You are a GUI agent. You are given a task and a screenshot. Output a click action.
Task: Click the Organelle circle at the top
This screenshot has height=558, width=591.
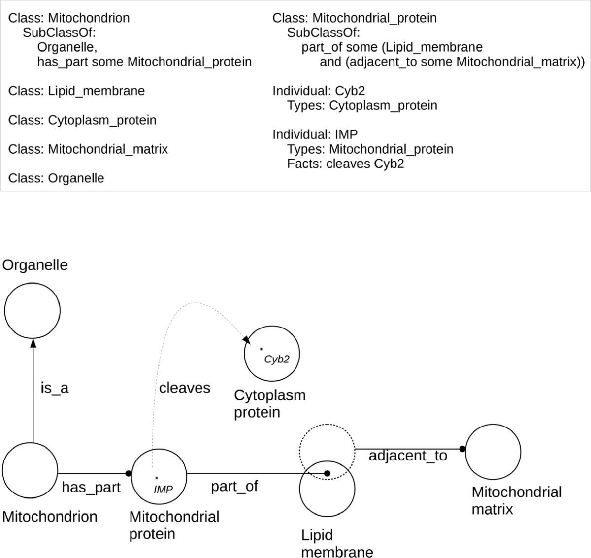point(33,310)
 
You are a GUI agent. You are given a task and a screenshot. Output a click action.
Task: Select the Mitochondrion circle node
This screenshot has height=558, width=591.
point(30,470)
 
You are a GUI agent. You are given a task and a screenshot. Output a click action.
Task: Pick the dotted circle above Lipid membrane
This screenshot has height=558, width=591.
point(327,450)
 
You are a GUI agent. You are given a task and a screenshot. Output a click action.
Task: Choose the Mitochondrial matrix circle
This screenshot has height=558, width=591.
point(492,452)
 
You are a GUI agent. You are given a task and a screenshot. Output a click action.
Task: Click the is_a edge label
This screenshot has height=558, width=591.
point(54,388)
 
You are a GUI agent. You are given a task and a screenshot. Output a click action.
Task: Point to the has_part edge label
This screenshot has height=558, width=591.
point(91,487)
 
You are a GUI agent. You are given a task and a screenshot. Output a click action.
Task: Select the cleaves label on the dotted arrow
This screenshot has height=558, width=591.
point(184,388)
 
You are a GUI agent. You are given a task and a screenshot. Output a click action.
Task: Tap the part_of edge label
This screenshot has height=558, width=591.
point(234,486)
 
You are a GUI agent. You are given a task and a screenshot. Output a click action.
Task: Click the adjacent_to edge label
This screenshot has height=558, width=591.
point(408,456)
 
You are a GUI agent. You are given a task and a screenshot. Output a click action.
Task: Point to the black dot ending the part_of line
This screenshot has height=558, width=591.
point(327,473)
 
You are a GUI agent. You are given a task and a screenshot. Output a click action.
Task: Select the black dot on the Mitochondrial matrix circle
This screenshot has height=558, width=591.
point(462,449)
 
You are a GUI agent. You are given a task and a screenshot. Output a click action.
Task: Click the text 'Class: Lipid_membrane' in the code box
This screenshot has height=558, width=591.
point(77,91)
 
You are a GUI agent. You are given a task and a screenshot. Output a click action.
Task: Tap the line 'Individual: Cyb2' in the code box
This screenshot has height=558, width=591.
point(319,91)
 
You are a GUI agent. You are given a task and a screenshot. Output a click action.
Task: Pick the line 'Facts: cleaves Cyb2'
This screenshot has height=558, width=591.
point(345,164)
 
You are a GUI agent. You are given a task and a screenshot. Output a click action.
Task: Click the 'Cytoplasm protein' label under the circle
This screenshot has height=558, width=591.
point(269,403)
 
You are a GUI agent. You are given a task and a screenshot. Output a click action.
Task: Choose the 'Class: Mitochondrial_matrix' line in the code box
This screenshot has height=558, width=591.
point(88,149)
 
